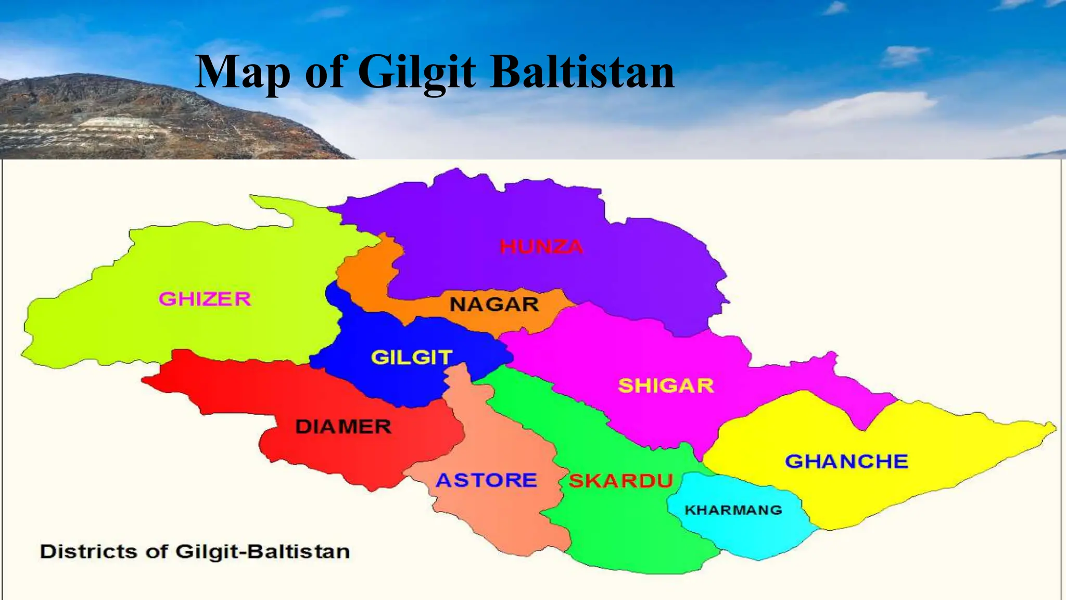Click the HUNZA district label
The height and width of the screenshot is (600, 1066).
point(541,247)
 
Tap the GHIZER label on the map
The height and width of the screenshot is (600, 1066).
point(205,299)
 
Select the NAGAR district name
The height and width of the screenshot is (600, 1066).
point(494,304)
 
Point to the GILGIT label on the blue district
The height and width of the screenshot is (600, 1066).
point(411,358)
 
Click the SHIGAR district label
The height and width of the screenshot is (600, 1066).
point(666,386)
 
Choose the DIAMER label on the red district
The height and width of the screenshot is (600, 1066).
point(343,427)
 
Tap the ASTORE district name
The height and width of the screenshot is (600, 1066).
point(486,480)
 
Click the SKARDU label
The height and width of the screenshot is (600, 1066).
point(621,481)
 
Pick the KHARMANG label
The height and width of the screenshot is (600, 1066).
point(733,510)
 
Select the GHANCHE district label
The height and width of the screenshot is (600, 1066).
point(846,461)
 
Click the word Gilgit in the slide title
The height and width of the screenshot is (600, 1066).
point(417,73)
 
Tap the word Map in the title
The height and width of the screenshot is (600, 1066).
point(243,73)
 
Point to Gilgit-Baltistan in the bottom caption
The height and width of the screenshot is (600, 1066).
point(262,552)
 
